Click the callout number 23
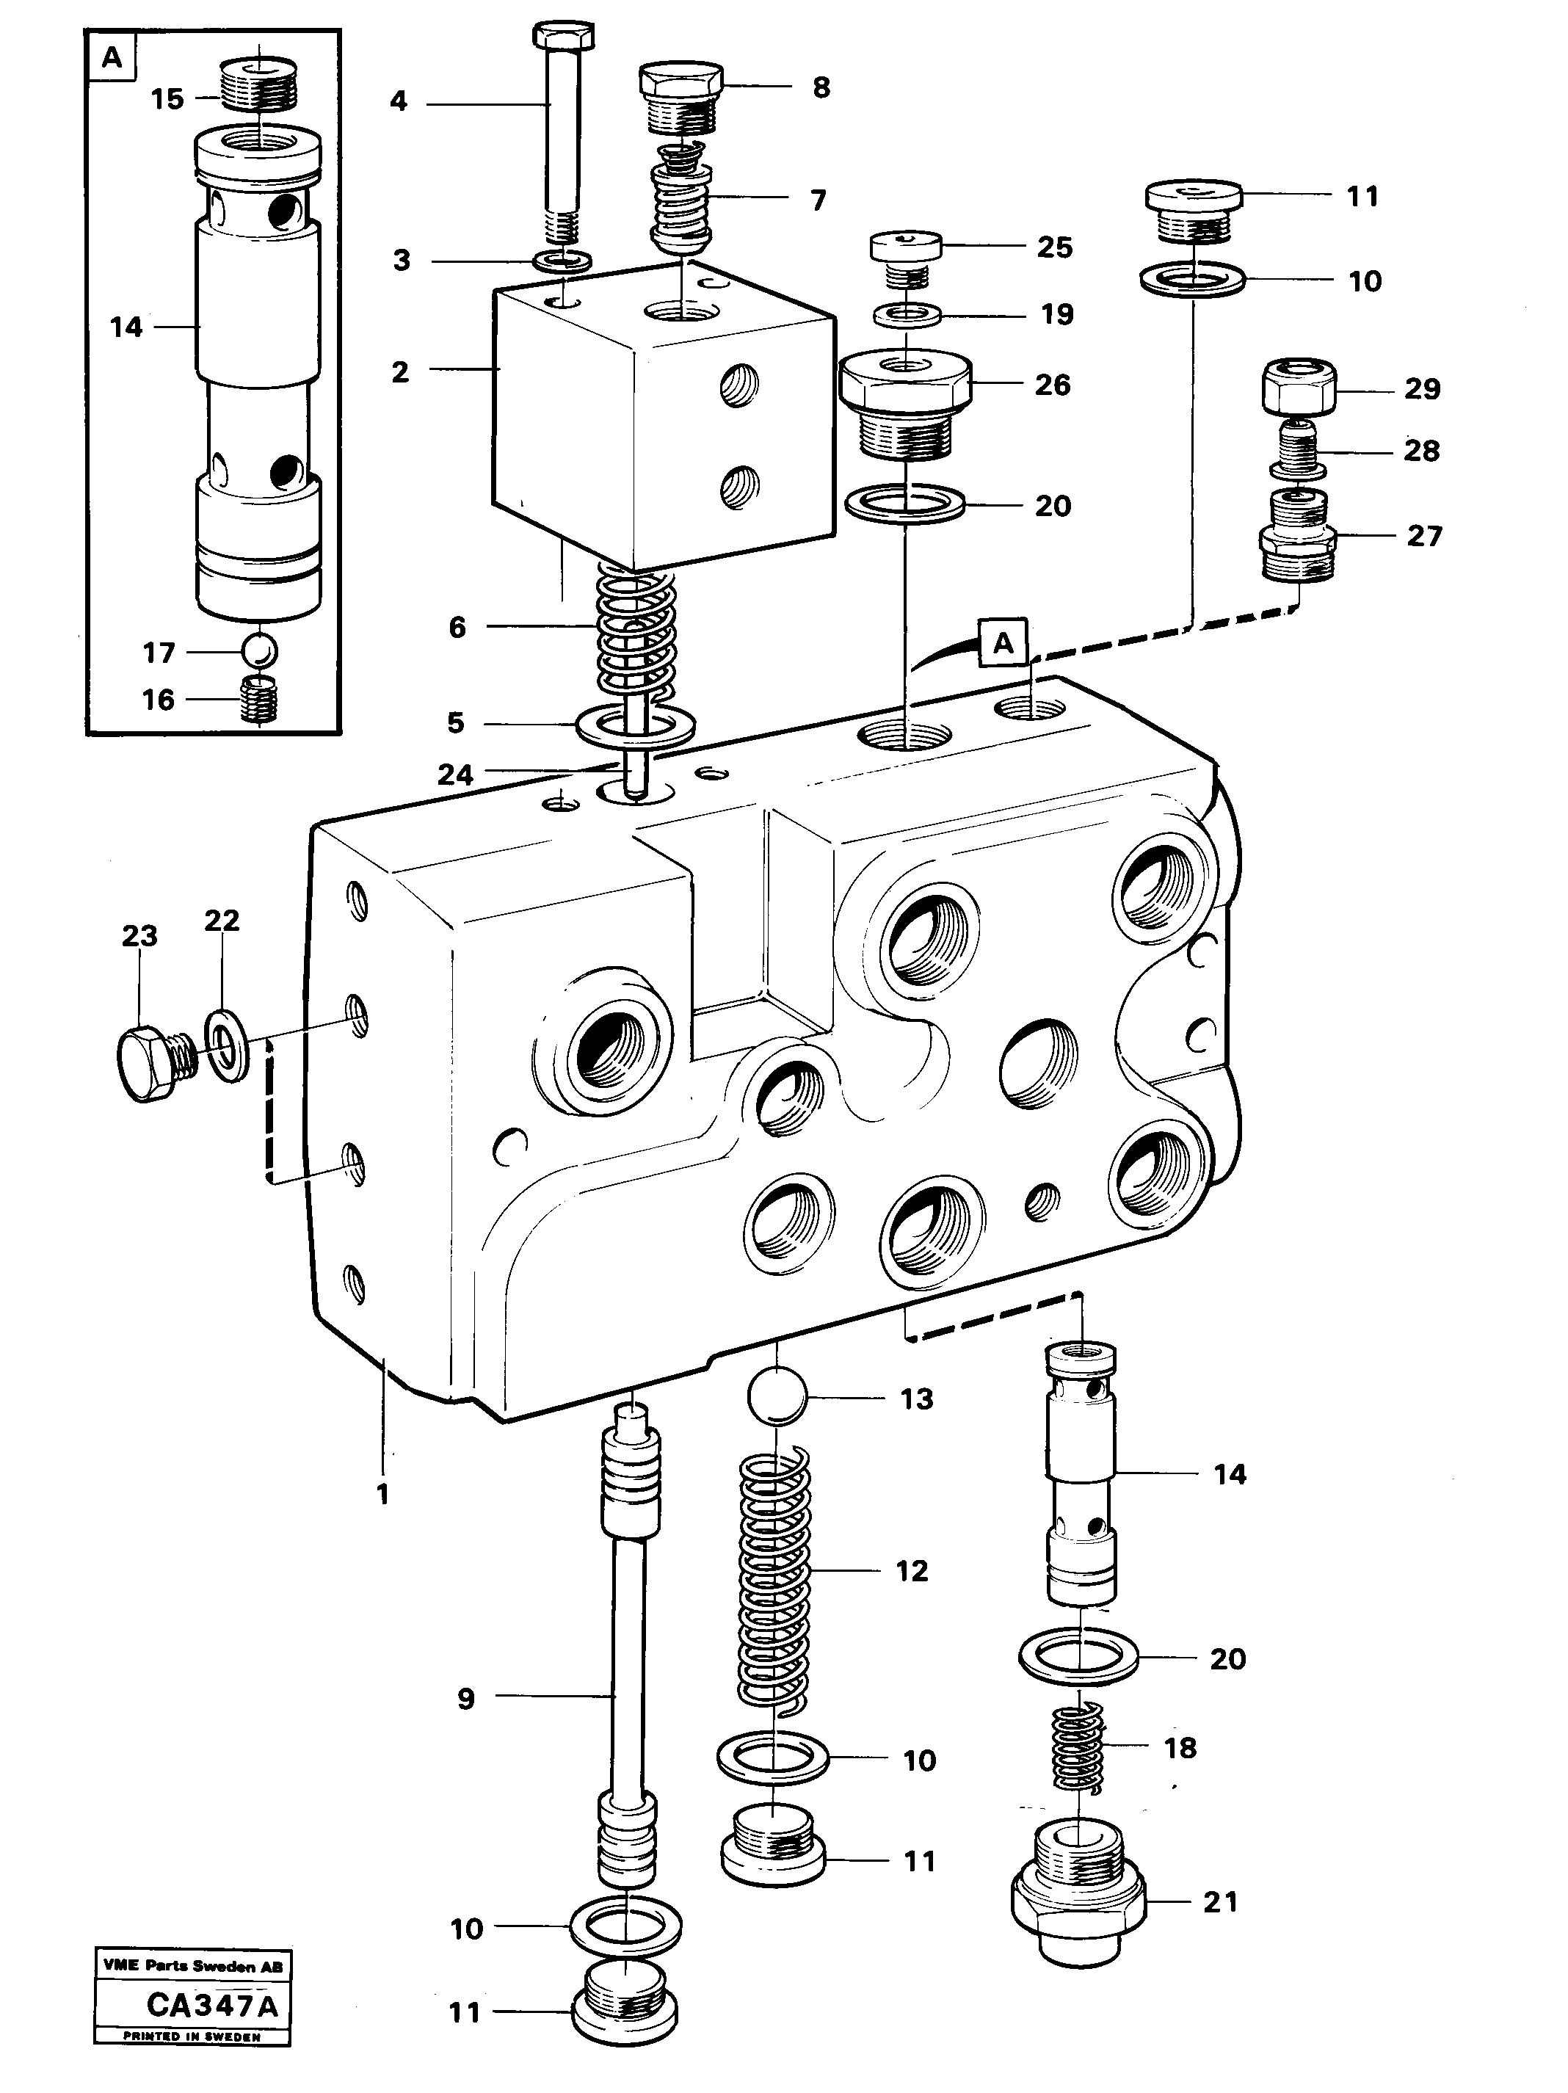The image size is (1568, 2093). click(139, 936)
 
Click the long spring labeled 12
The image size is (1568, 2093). click(774, 1575)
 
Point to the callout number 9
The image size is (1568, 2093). click(465, 1699)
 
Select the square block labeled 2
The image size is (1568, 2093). click(662, 416)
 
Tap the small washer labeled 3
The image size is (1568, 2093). click(564, 259)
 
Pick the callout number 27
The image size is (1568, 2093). click(1423, 536)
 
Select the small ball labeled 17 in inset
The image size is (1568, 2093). click(258, 651)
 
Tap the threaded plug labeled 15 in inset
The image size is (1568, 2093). click(258, 85)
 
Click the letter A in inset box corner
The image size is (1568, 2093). click(112, 58)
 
